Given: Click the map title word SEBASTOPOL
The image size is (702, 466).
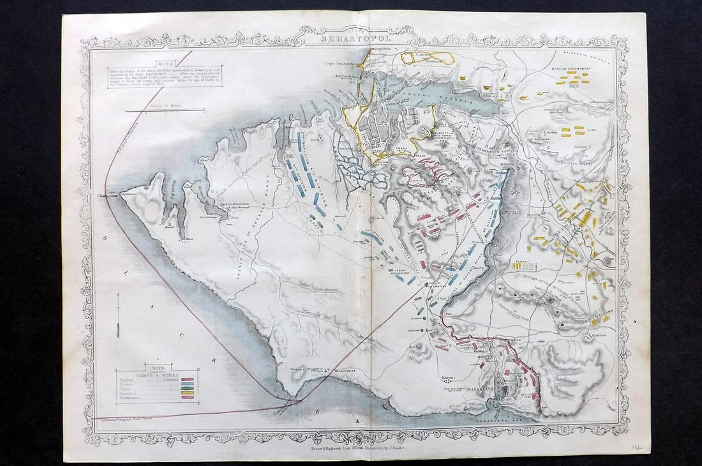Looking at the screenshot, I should coord(358,38).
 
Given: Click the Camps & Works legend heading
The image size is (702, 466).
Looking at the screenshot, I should coord(156,373).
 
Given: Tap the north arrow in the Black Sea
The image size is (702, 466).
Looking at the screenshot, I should coord(118,322).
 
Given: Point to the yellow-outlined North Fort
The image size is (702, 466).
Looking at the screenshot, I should coord(428,58).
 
